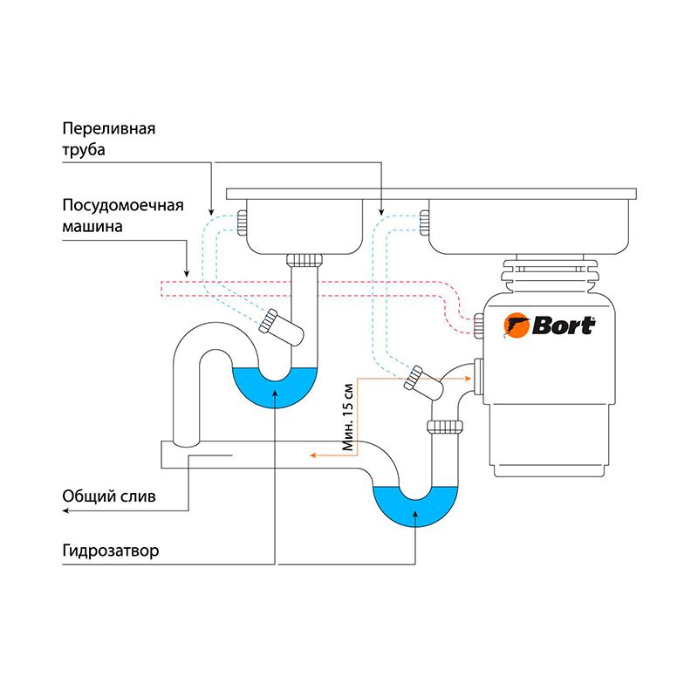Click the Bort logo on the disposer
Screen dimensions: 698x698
click(550, 325)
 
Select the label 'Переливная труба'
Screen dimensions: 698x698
click(109, 140)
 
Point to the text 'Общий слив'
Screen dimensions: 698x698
click(109, 497)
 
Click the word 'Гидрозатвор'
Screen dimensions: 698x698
click(111, 553)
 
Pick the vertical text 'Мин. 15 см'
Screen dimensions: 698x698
click(348, 416)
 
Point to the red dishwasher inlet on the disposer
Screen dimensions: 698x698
click(478, 326)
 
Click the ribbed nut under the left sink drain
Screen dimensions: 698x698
click(305, 259)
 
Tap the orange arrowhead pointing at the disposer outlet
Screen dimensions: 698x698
click(469, 379)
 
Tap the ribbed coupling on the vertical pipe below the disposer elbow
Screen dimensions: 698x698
click(444, 427)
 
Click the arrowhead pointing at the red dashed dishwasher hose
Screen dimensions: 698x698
click(187, 271)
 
